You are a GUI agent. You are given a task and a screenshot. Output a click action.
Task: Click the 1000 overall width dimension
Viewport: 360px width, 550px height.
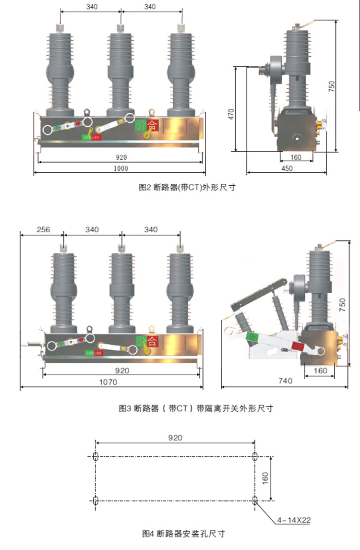pos(120,168)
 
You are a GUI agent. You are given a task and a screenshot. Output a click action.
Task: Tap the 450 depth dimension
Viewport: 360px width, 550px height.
pos(287,168)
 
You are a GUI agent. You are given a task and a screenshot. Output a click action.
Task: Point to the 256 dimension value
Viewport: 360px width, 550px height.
pos(43,229)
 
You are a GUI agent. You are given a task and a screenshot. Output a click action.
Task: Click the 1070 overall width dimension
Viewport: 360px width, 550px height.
pos(111,383)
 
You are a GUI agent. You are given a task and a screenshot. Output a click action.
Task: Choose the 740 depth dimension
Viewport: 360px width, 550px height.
pos(285,381)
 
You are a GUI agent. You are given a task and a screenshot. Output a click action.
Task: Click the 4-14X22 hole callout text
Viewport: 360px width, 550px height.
pos(294,519)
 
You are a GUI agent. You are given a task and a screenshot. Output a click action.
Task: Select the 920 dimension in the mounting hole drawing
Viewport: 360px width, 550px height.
pos(175,438)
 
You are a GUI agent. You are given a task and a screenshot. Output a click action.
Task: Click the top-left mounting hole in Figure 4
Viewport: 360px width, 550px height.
pos(96,455)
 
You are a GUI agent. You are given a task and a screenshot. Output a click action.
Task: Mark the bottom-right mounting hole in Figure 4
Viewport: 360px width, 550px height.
pos(255,500)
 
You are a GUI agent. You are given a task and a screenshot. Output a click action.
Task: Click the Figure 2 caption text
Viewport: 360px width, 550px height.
pos(187,188)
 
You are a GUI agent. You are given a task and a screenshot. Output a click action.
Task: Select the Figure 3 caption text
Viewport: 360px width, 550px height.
pos(196,409)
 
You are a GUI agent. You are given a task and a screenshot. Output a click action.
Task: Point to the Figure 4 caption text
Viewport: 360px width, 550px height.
pos(184,534)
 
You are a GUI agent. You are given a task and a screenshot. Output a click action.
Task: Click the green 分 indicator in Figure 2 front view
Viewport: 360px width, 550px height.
pos(141,126)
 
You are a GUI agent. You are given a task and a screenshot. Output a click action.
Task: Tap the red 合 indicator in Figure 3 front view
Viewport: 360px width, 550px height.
pos(153,341)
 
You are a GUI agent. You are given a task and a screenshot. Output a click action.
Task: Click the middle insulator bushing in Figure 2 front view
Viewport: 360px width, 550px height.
pos(120,72)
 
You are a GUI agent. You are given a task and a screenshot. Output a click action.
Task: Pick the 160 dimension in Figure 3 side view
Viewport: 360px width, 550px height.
pos(320,371)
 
